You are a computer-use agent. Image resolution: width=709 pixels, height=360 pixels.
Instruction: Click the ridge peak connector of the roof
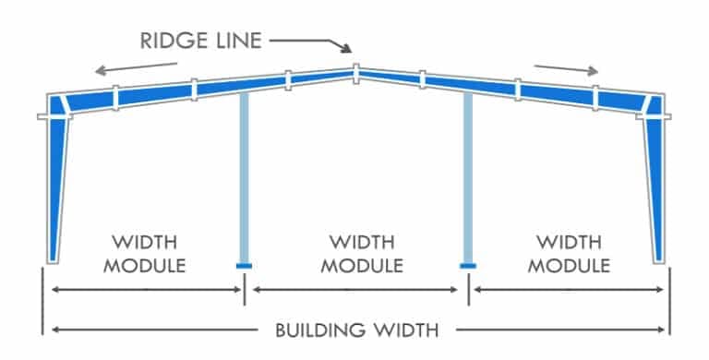[x=355, y=73]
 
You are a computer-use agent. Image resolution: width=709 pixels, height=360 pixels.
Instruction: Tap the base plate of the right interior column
[x=468, y=266]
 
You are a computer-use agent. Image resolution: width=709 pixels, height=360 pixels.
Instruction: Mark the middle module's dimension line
[x=355, y=290]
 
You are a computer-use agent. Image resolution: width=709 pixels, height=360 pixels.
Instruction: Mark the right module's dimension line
[x=569, y=290]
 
